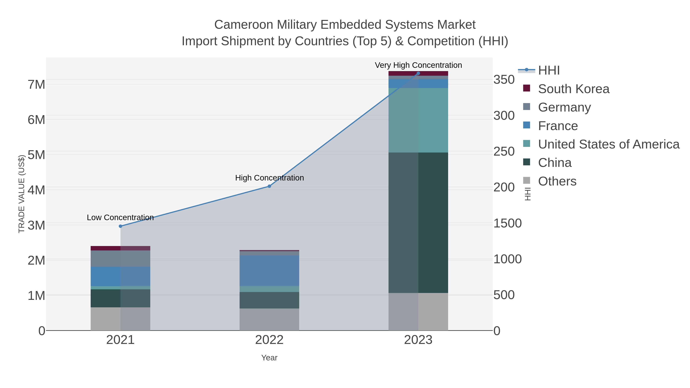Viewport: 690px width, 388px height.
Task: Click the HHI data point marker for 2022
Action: click(269, 186)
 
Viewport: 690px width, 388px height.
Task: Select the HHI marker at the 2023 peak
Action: click(418, 73)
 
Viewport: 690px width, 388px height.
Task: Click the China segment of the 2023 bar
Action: click(418, 222)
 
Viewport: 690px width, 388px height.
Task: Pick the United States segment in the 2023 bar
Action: click(418, 120)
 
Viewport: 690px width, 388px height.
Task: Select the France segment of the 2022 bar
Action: click(269, 270)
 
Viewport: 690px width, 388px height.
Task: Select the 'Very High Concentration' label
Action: click(418, 65)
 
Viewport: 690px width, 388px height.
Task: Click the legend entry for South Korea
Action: click(573, 89)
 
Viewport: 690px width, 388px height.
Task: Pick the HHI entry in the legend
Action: click(549, 71)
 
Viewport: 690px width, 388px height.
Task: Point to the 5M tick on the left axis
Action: click(36, 155)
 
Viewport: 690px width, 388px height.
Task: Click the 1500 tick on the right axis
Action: click(507, 223)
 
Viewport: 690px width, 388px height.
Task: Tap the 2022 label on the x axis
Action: click(269, 340)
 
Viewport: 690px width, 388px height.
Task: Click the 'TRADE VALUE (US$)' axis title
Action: click(21, 194)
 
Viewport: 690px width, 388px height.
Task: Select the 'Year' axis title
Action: click(269, 358)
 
